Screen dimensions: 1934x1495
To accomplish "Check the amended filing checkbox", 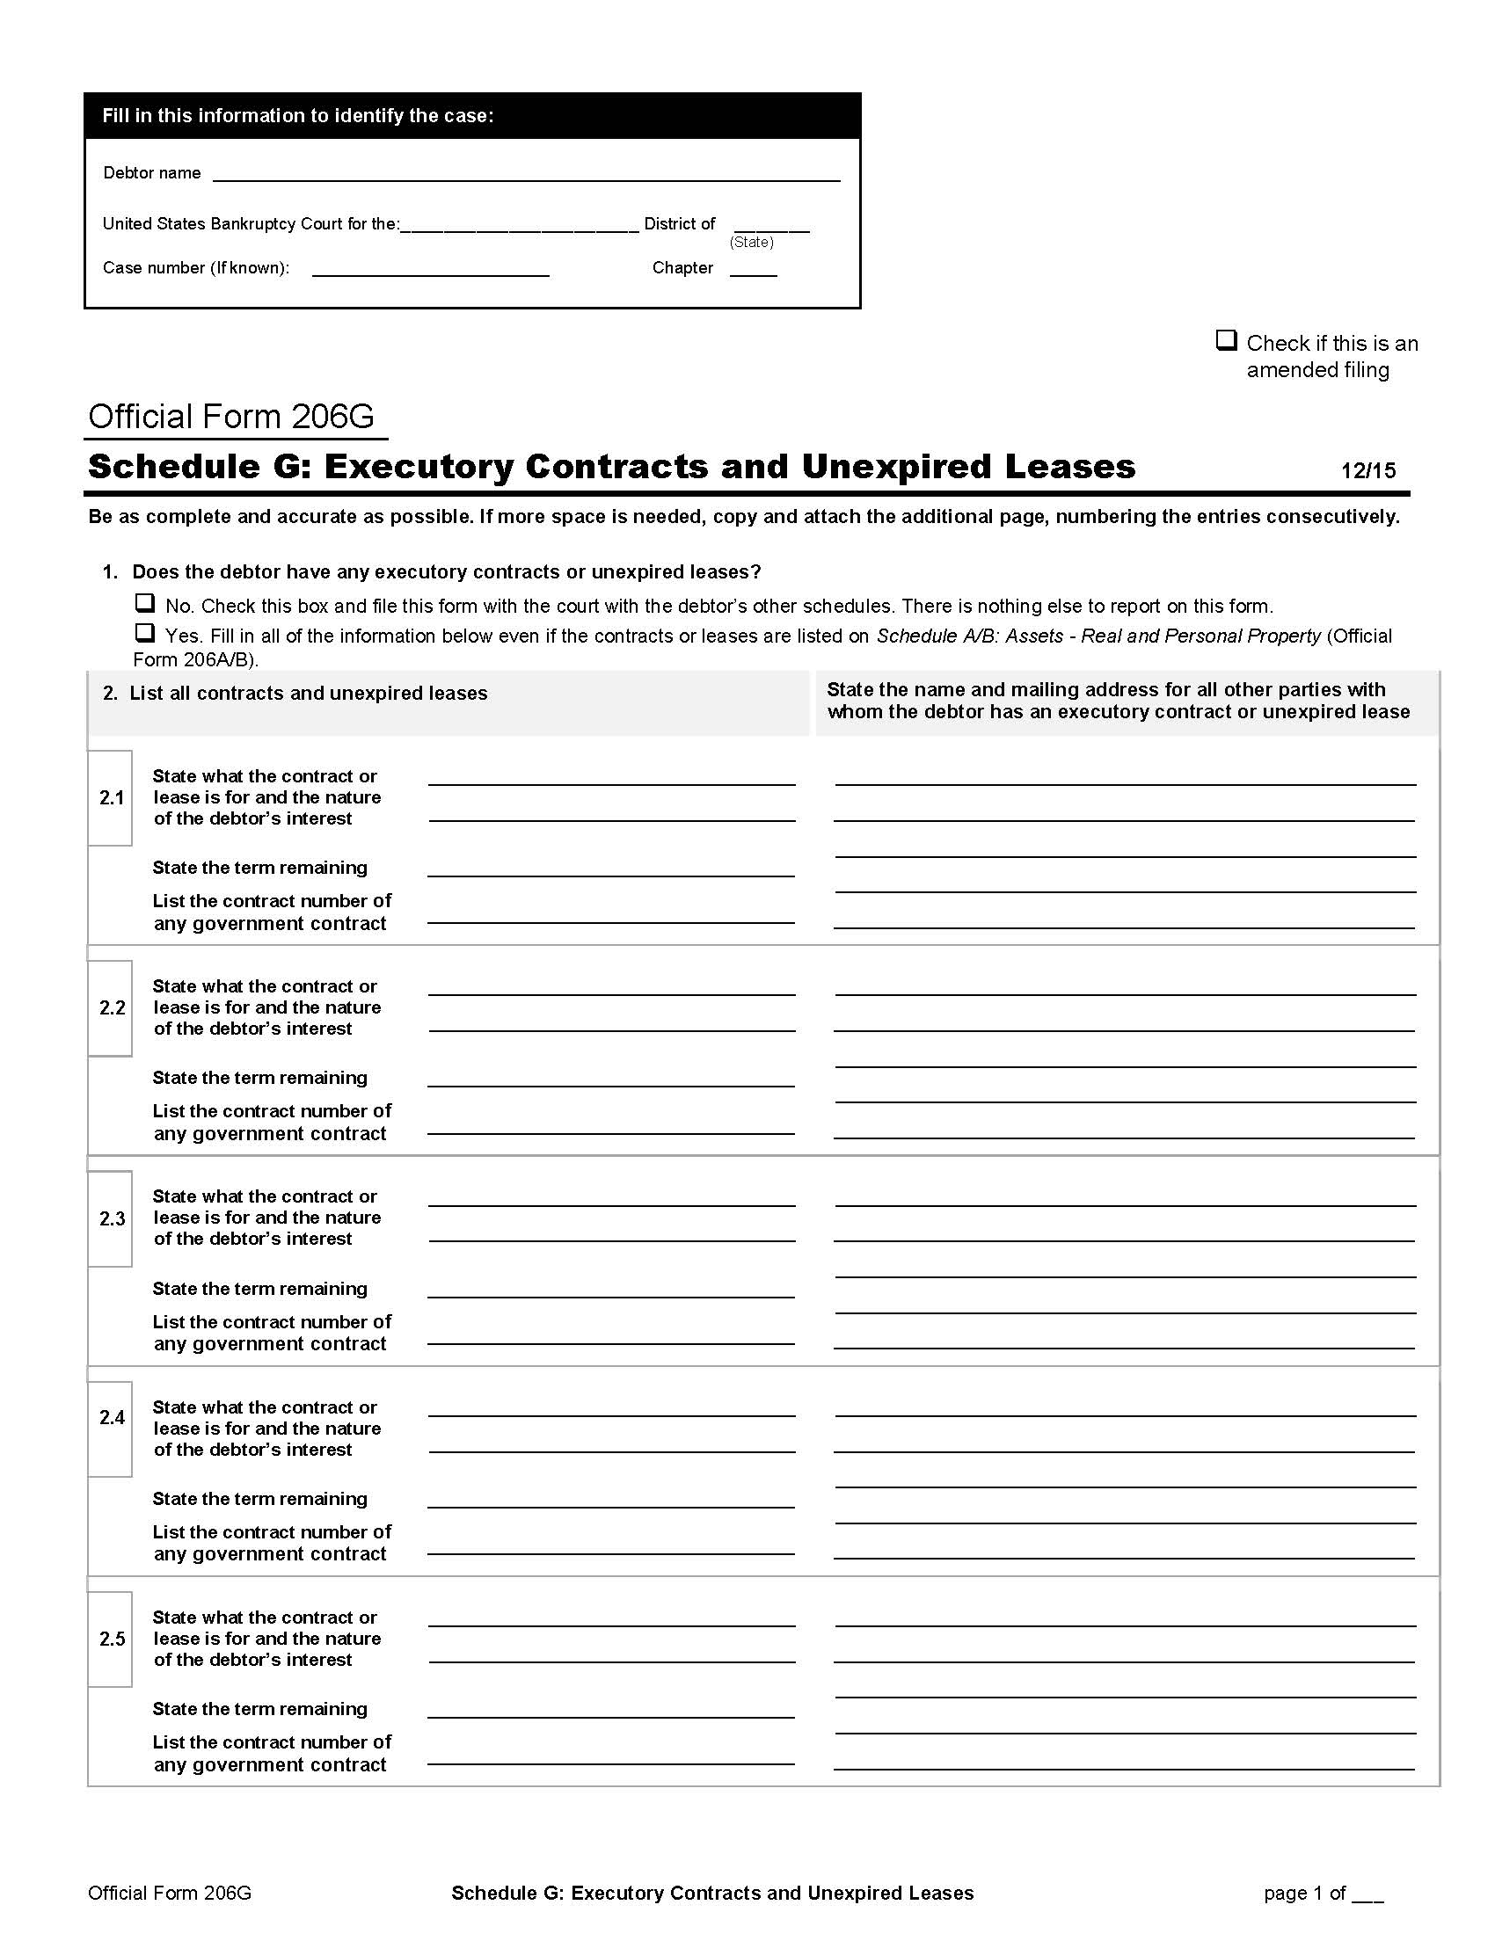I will click(1226, 340).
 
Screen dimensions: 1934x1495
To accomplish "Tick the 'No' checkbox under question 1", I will click(144, 603).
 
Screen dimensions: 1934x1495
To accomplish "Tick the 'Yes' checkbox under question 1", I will click(144, 633).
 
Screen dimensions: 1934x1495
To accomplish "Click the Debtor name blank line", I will click(525, 173).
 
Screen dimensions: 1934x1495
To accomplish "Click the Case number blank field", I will click(430, 268).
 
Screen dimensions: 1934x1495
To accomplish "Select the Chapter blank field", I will click(753, 268).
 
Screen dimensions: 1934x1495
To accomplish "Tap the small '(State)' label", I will click(751, 243).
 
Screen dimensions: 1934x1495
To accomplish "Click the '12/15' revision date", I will click(1367, 470).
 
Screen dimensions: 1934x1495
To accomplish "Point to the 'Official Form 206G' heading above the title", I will click(231, 416).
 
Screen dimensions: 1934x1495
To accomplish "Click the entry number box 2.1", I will click(111, 798).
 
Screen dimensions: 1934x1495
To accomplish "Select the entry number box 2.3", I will click(111, 1218).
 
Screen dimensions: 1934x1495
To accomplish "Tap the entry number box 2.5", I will click(111, 1640).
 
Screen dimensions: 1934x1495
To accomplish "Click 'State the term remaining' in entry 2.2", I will click(259, 1078).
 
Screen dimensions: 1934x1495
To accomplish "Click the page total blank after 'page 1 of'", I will click(1367, 1894).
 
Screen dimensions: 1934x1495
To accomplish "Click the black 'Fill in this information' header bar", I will click(472, 116).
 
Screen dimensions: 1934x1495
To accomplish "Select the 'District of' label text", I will click(679, 224).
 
